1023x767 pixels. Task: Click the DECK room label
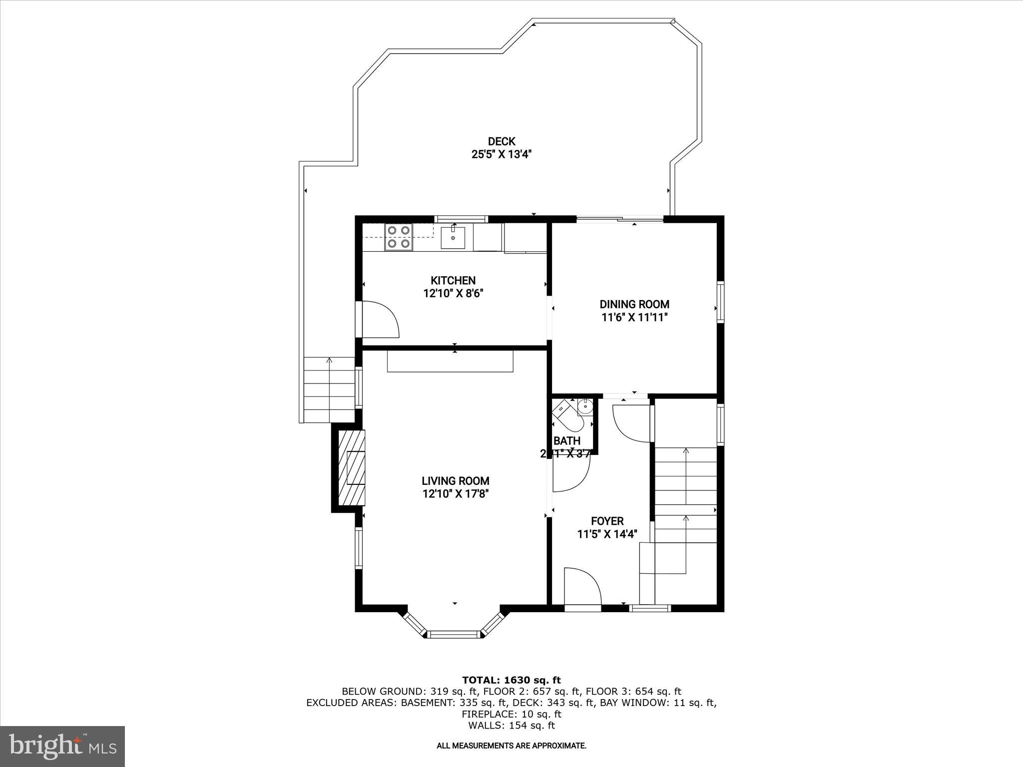point(501,142)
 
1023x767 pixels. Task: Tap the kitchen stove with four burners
point(399,237)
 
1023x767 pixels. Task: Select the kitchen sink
point(453,238)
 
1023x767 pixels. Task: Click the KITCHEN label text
point(453,281)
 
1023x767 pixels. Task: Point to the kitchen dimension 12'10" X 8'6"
point(453,294)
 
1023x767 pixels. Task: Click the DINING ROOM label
point(634,304)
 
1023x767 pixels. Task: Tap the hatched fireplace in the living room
point(352,467)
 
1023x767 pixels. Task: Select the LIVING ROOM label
point(455,481)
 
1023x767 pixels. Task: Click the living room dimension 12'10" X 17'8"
point(455,494)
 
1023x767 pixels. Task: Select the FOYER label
point(607,521)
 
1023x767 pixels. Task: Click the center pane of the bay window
point(454,635)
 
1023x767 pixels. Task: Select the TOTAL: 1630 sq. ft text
point(511,680)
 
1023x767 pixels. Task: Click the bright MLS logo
point(62,746)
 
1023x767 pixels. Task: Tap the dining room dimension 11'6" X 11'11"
point(634,317)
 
